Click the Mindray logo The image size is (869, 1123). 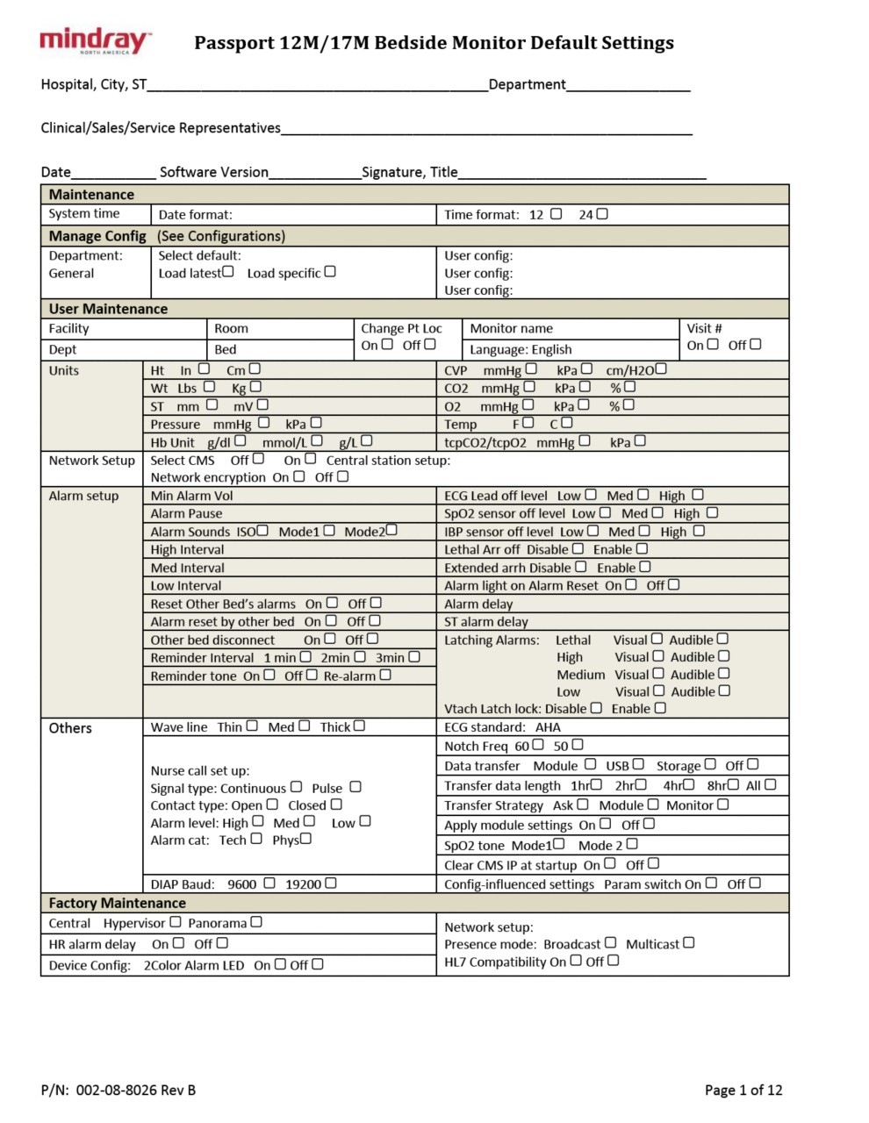95,41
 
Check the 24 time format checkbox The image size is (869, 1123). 602,213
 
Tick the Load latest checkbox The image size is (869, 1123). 228,272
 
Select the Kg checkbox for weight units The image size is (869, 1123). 255,386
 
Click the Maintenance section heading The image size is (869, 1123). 91,195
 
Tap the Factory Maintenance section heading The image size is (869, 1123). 117,903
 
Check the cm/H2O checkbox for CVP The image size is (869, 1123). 661,369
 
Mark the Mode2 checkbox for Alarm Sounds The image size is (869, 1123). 391,530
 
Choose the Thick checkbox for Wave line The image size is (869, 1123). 359,726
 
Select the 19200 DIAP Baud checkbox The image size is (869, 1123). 331,883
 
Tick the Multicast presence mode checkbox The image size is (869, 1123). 689,942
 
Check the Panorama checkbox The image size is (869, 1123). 256,922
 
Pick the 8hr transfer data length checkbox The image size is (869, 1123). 734,784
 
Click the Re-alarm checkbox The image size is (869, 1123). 385,675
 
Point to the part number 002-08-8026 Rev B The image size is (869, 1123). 118,1090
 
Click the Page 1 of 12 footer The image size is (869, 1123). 743,1090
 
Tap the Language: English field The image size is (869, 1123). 521,349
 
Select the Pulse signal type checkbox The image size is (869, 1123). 355,787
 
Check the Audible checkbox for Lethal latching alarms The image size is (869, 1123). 723,639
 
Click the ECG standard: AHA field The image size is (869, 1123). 502,726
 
